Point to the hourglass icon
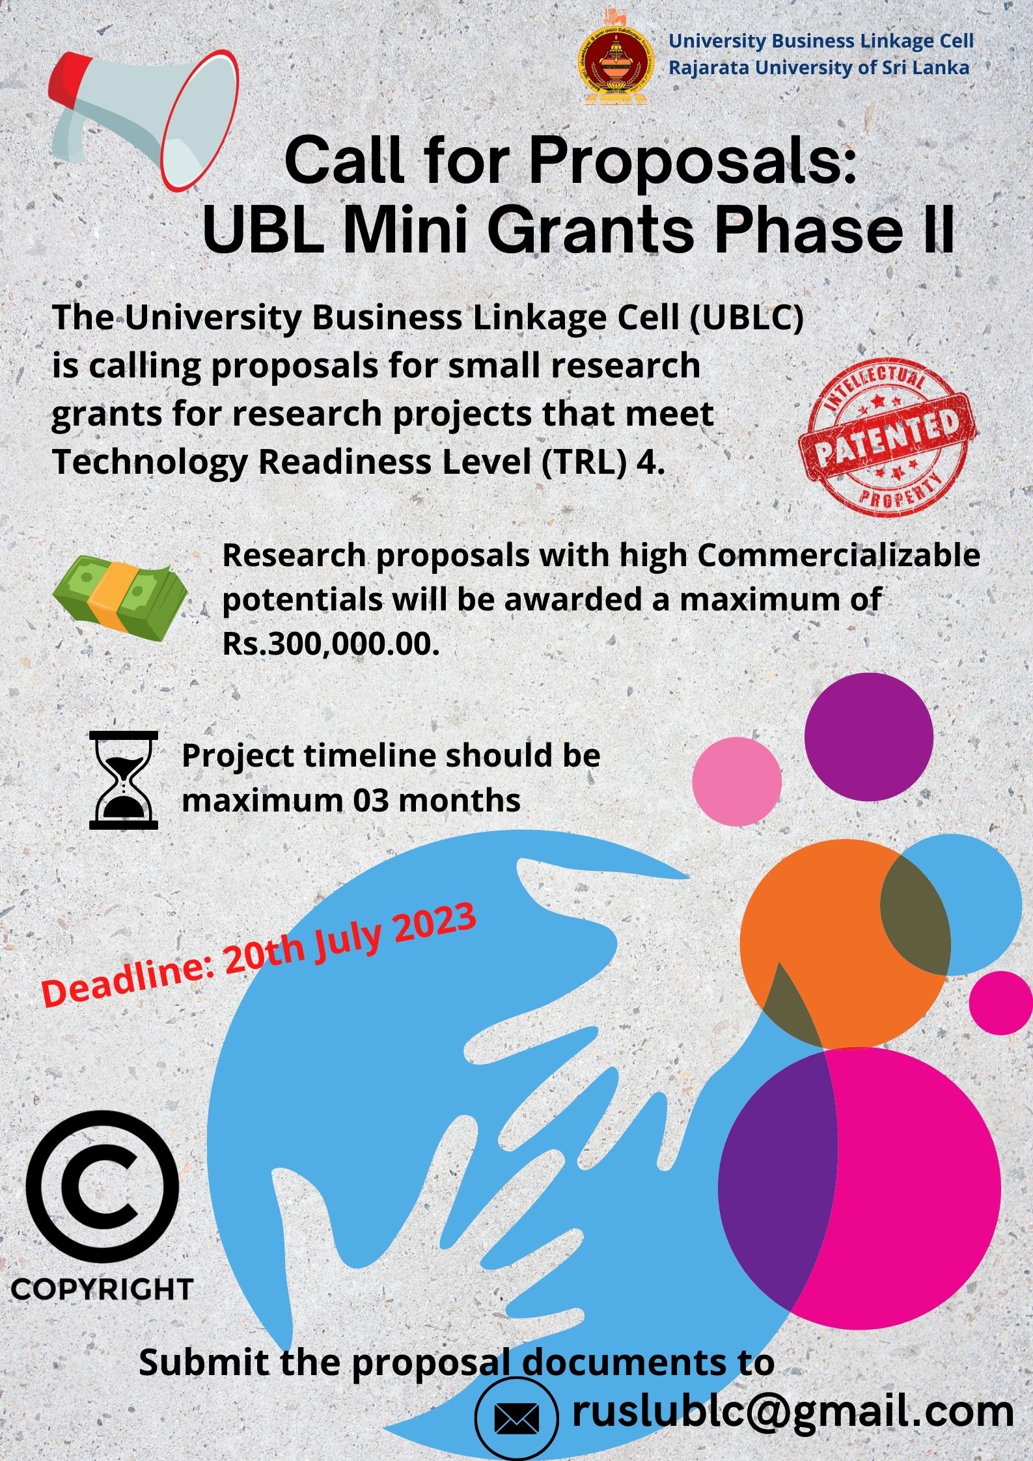pyautogui.click(x=123, y=780)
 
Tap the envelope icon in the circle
pyautogui.click(x=517, y=1418)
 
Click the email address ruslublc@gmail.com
pyautogui.click(x=792, y=1410)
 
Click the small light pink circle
pyautogui.click(x=736, y=781)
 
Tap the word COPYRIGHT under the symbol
pyautogui.click(x=102, y=1289)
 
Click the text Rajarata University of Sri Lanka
pyautogui.click(x=819, y=68)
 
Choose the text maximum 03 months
pyautogui.click(x=351, y=800)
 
